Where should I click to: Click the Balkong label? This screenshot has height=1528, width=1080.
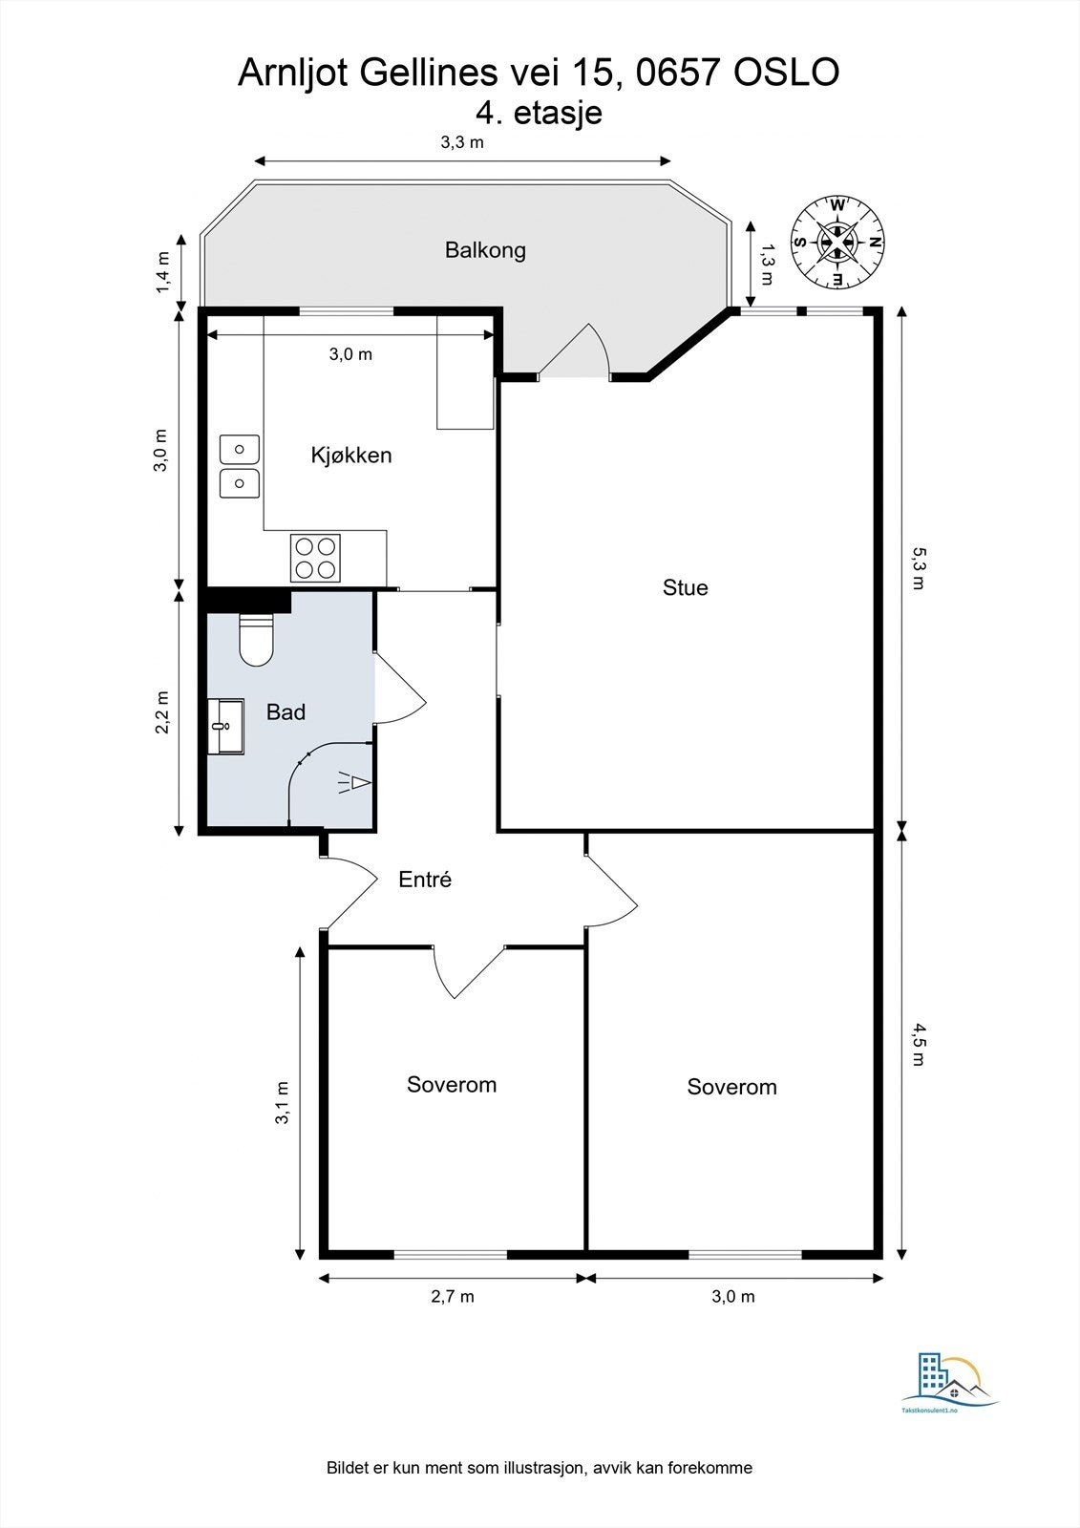pyautogui.click(x=485, y=250)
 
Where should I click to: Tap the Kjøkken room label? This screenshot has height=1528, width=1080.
pyautogui.click(x=351, y=455)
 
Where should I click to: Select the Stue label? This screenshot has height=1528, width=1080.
pyautogui.click(x=685, y=587)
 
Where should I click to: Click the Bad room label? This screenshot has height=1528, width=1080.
pyautogui.click(x=286, y=712)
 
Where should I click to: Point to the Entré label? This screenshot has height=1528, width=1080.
pyautogui.click(x=424, y=880)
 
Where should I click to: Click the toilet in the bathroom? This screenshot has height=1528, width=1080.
pyautogui.click(x=256, y=639)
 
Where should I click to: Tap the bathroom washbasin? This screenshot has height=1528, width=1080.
pyautogui.click(x=225, y=726)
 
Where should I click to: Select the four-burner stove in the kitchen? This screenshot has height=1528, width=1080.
pyautogui.click(x=315, y=558)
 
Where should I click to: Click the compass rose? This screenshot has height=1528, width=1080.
pyautogui.click(x=837, y=243)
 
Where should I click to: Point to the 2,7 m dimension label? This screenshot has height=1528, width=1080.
pyautogui.click(x=453, y=1296)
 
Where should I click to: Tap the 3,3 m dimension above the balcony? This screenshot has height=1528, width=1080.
pyautogui.click(x=462, y=142)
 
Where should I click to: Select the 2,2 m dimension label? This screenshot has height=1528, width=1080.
pyautogui.click(x=161, y=712)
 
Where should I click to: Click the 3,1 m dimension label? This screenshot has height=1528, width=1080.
pyautogui.click(x=282, y=1102)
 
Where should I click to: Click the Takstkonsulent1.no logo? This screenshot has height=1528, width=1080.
pyautogui.click(x=950, y=1378)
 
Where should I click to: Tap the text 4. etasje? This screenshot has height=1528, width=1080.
pyautogui.click(x=539, y=113)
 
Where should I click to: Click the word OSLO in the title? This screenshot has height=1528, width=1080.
pyautogui.click(x=786, y=73)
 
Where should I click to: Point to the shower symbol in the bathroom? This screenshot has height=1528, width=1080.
pyautogui.click(x=354, y=782)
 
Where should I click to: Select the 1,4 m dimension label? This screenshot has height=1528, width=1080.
pyautogui.click(x=161, y=273)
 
